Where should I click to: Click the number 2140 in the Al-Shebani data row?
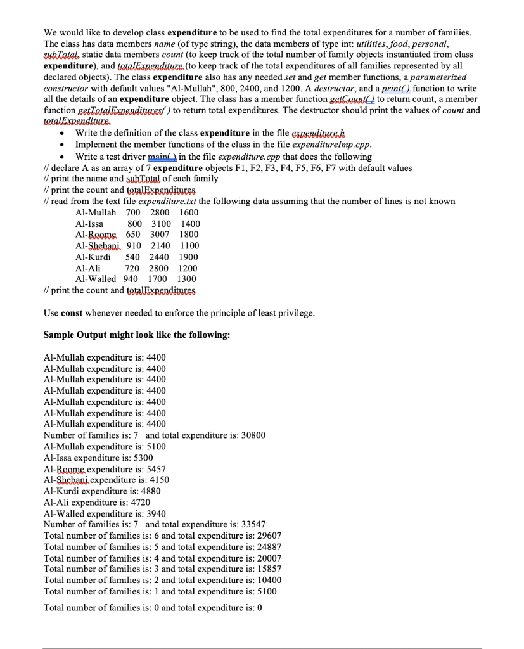161,245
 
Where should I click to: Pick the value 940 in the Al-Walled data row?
131,279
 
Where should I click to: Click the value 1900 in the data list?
188,257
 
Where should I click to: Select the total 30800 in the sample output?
253,435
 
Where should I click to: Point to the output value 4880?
149,491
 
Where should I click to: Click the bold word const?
73,313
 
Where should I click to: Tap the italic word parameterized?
446,78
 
